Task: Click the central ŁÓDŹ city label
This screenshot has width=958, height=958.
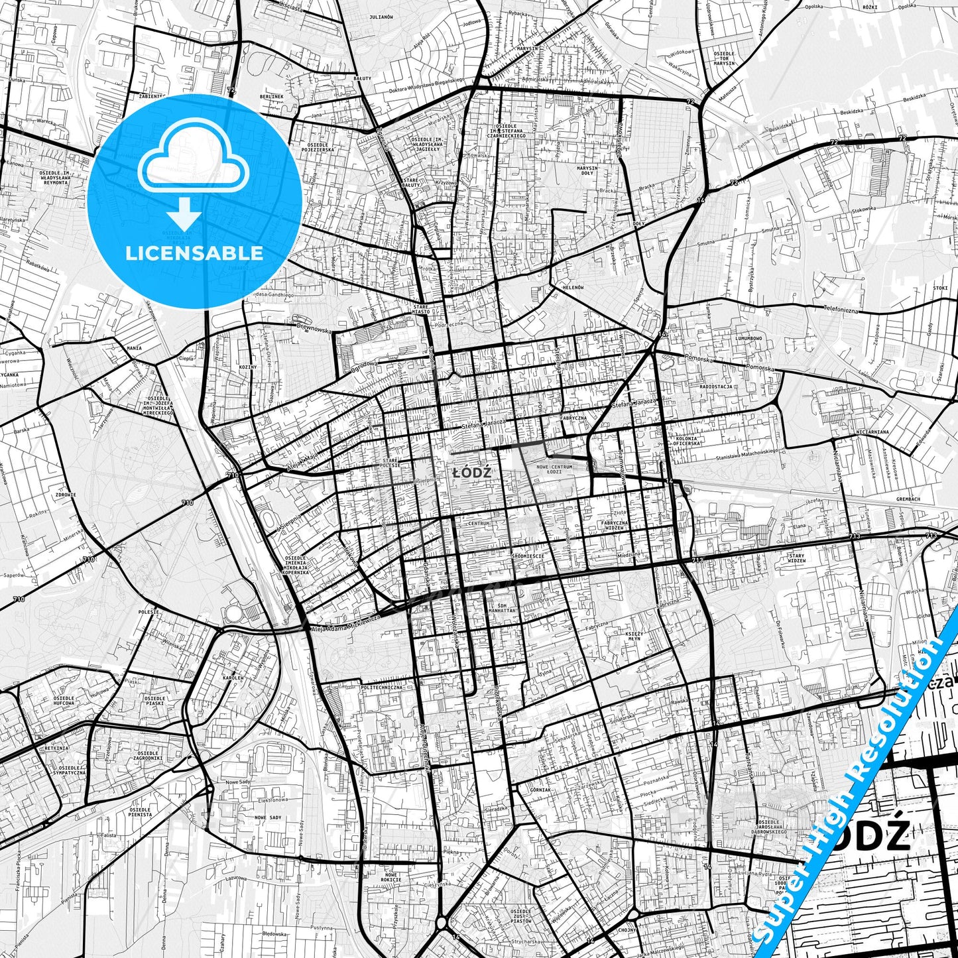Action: tap(471, 473)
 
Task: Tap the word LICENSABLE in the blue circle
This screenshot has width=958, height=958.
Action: tap(194, 253)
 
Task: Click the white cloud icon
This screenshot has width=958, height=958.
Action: tap(194, 164)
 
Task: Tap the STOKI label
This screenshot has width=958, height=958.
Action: tap(940, 288)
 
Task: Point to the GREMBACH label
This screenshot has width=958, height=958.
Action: tap(908, 499)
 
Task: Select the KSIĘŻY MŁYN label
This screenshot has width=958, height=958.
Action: tap(634, 636)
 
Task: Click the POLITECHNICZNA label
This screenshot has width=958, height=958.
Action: tap(381, 688)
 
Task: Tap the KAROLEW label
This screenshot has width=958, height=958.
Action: tap(233, 678)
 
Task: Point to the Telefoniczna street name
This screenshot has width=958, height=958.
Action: tap(841, 310)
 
